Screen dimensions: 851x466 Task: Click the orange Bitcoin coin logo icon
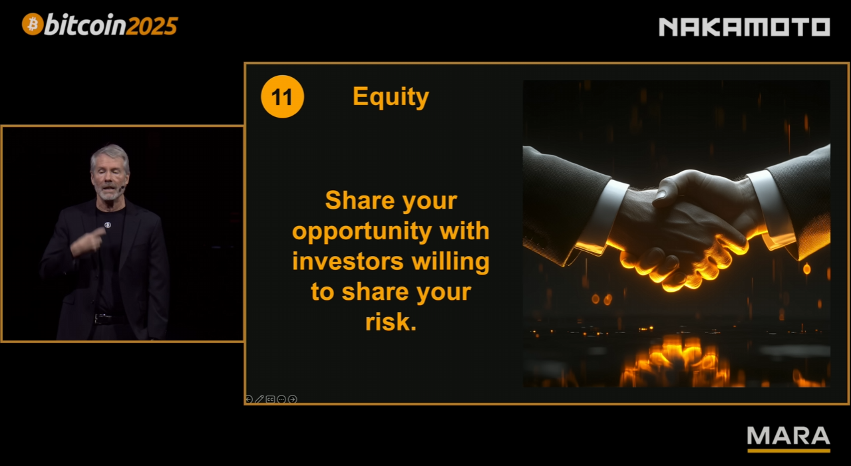pyautogui.click(x=33, y=25)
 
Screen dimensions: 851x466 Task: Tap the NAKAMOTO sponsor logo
pyautogui.click(x=745, y=27)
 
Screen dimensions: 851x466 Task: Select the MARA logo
pyautogui.click(x=788, y=439)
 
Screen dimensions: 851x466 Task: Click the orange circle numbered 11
pyautogui.click(x=282, y=96)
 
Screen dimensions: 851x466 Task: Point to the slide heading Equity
pyautogui.click(x=391, y=97)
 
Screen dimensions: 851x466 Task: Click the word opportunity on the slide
pyautogui.click(x=362, y=232)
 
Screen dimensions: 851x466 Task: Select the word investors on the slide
pyautogui.click(x=347, y=262)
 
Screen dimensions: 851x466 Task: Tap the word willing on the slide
pyautogui.click(x=450, y=263)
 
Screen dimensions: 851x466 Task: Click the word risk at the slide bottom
pyautogui.click(x=391, y=322)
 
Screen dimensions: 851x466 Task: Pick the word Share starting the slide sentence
pyautogui.click(x=359, y=200)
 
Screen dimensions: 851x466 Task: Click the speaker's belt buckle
pyautogui.click(x=99, y=318)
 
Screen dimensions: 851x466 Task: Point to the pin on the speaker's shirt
pyautogui.click(x=108, y=225)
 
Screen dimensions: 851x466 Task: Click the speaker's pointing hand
pyautogui.click(x=87, y=243)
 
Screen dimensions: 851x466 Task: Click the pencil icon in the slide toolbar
pyautogui.click(x=259, y=399)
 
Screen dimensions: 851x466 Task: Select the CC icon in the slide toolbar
pyautogui.click(x=271, y=399)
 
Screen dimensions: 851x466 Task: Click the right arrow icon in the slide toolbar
pyautogui.click(x=293, y=399)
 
